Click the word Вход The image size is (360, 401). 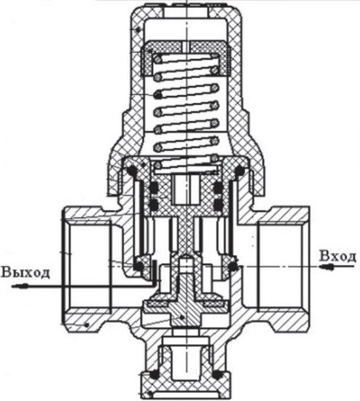pyautogui.click(x=337, y=256)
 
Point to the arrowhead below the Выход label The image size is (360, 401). pyautogui.click(x=19, y=287)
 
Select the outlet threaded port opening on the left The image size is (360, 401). pyautogui.click(x=87, y=267)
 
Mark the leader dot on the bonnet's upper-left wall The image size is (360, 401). pyautogui.click(x=138, y=30)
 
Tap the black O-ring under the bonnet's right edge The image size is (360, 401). pyautogui.click(x=240, y=171)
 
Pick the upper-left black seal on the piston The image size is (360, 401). pyautogui.click(x=154, y=187)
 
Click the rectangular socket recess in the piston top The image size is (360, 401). pyautogui.click(x=186, y=190)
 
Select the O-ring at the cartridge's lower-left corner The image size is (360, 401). pyautogui.click(x=139, y=266)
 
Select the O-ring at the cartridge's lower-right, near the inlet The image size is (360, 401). pyautogui.click(x=233, y=266)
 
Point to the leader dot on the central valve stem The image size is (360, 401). pyautogui.click(x=181, y=317)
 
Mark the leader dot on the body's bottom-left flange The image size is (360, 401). pyautogui.click(x=87, y=325)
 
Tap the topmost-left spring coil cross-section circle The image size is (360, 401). pyautogui.click(x=158, y=59)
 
